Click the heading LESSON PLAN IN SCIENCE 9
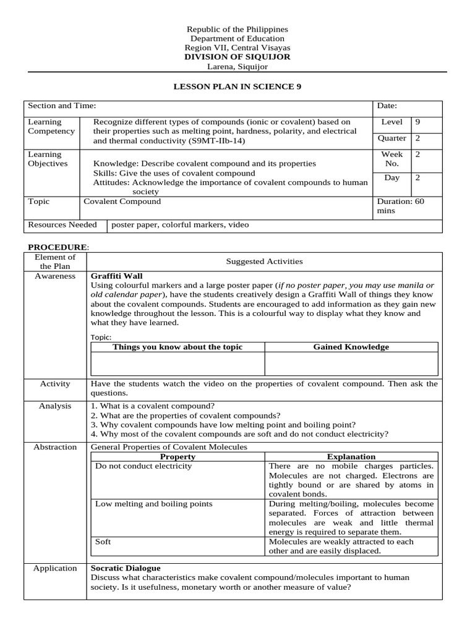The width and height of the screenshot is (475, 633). point(237,87)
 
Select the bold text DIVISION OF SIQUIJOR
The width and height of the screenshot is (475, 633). point(237,57)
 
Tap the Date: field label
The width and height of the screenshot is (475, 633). point(387,106)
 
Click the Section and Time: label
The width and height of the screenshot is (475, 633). point(62,106)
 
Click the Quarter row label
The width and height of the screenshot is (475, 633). point(392,138)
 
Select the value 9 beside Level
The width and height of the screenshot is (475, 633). point(417,122)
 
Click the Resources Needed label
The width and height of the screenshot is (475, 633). point(62,225)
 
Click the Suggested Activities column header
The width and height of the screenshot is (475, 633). point(264,261)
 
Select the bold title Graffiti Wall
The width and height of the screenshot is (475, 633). point(117,276)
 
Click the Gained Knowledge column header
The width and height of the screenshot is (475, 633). point(351,347)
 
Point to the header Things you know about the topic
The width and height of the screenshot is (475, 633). point(178,347)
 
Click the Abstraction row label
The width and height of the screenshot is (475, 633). point(55,447)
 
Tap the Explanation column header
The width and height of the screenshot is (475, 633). point(351,457)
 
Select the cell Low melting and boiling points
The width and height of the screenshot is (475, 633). point(153,504)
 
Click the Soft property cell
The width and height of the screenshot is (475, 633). point(103,542)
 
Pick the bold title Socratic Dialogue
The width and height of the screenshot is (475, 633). point(126,568)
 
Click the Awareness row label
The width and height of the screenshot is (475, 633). point(55,276)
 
